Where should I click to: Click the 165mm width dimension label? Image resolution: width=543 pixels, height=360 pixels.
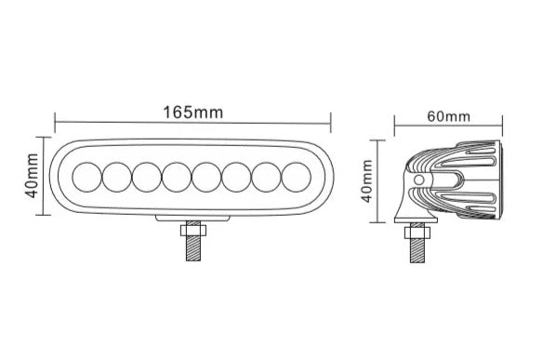193,113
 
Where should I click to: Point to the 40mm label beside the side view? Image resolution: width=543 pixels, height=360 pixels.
368,181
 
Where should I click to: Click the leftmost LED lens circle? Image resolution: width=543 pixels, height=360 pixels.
86,176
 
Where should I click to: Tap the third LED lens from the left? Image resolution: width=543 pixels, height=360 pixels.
147,176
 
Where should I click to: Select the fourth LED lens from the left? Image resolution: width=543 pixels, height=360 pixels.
178,176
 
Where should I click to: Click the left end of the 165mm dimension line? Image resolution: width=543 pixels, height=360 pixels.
56,120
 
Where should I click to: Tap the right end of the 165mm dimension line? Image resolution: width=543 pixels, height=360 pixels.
331,120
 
